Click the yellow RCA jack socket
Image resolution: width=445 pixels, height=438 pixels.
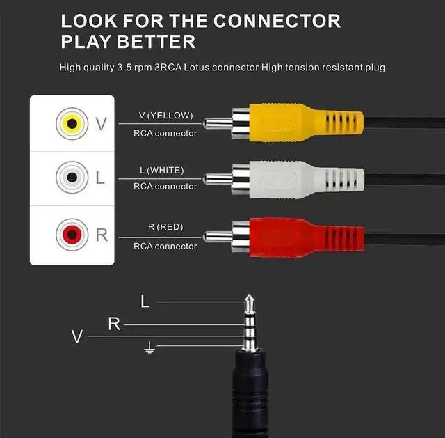tap(71, 124)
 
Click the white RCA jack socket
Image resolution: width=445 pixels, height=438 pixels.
tap(71, 178)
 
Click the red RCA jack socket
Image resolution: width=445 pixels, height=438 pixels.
tap(71, 233)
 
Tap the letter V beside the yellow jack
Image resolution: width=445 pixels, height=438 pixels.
tap(101, 124)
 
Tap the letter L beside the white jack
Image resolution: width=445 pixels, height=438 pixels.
tap(100, 178)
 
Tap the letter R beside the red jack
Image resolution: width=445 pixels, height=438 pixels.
tap(102, 234)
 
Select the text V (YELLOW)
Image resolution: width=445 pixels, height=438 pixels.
tap(166, 116)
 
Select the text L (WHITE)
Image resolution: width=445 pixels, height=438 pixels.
tap(166, 171)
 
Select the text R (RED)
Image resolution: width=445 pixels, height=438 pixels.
tap(166, 226)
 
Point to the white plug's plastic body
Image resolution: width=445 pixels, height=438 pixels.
tap(299, 179)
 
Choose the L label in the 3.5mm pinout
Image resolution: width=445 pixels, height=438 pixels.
tap(145, 302)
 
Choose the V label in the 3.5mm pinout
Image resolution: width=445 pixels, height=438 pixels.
tap(77, 337)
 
